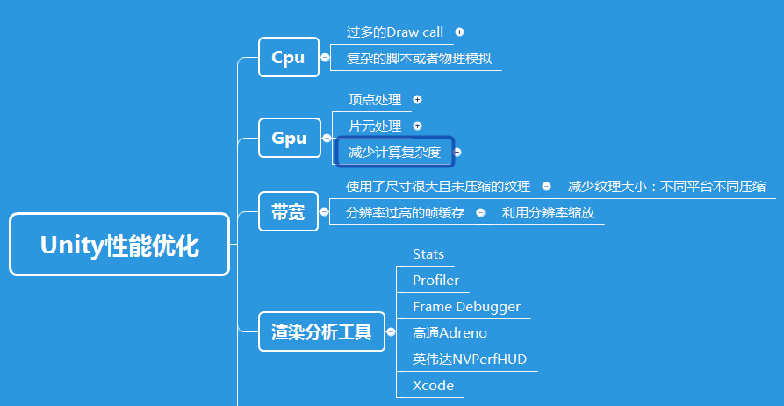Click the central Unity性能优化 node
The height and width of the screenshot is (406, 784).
coord(119,246)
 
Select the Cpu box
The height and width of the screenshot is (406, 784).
coord(288,58)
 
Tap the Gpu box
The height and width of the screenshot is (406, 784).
coord(289,138)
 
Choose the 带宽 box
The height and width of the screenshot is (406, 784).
coord(288,211)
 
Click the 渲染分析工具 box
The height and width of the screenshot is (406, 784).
coord(321,332)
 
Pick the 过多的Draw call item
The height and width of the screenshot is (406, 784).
coord(395,32)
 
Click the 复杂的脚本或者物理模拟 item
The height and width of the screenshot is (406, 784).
coord(419,60)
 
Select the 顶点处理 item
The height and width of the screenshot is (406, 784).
coord(374,100)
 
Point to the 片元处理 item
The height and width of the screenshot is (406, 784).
coord(374,126)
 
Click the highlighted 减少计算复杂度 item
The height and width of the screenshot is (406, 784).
coord(394,152)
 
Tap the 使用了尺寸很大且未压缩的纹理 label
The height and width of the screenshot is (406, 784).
coord(438,186)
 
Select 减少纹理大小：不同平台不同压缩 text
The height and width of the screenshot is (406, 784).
coord(666,186)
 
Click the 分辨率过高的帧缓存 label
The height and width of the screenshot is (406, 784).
coord(405,212)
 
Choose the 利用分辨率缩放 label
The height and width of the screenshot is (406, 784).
coord(548,212)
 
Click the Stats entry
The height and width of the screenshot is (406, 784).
coord(428,254)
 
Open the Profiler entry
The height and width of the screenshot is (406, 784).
coord(435,281)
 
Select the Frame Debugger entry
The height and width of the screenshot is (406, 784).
coord(466,307)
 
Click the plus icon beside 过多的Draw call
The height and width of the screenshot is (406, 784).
coord(459,32)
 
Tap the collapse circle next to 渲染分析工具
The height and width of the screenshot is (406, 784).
coord(391,332)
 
